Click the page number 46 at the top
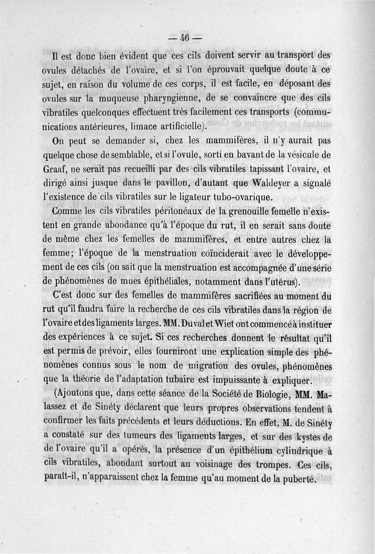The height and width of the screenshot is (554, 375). [x=187, y=39]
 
